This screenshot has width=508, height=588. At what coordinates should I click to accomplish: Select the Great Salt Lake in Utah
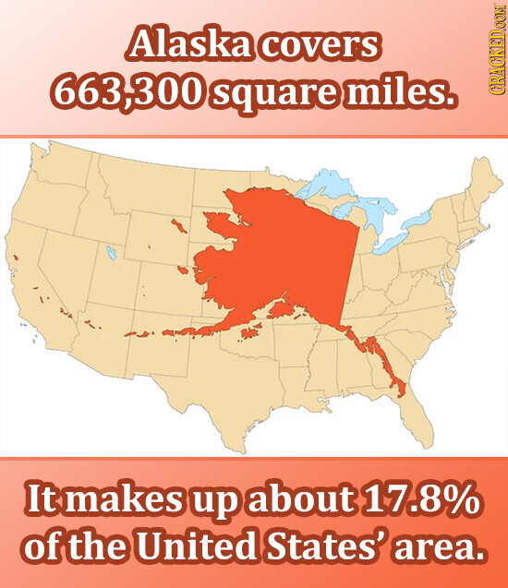tap(111, 250)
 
